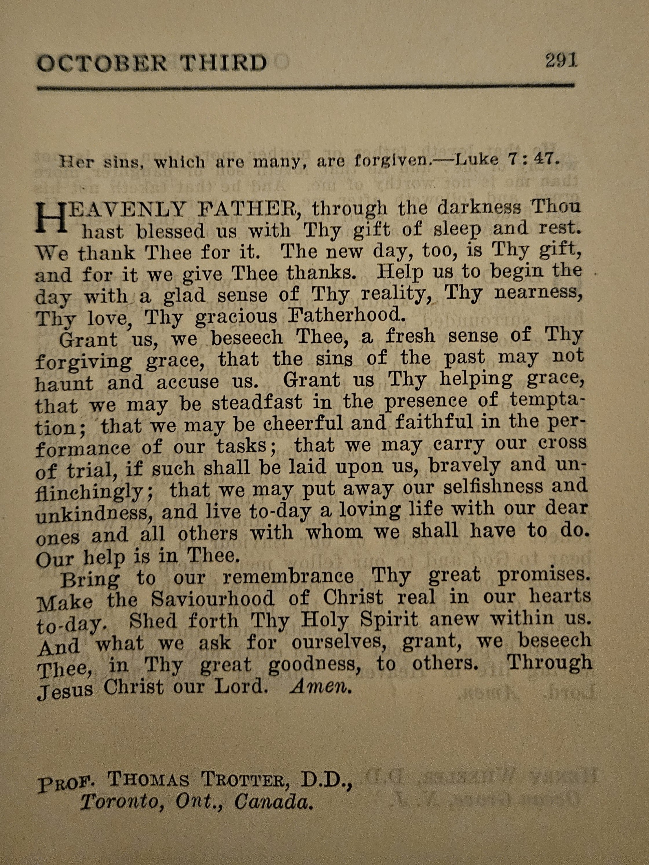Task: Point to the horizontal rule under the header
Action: (305, 87)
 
